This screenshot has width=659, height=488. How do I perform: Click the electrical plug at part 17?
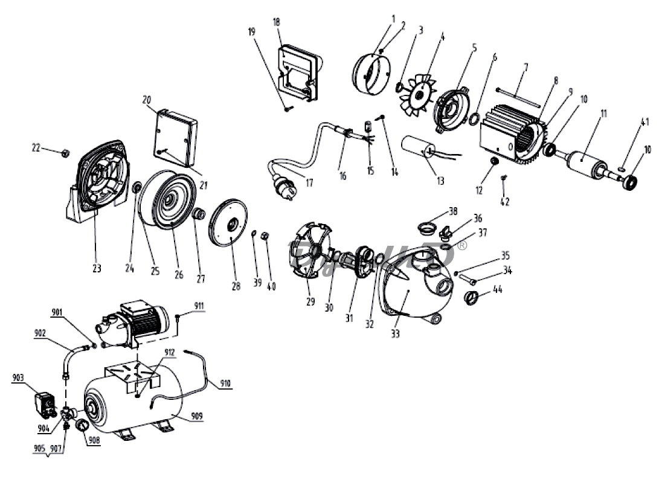[x=281, y=181]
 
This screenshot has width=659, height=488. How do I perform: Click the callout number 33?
[x=395, y=333]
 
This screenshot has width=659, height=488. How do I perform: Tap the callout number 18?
[x=277, y=22]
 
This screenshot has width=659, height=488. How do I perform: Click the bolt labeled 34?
[x=466, y=279]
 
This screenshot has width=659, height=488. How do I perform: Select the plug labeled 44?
[x=473, y=297]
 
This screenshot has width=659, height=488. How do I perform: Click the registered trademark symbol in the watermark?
[x=462, y=246]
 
